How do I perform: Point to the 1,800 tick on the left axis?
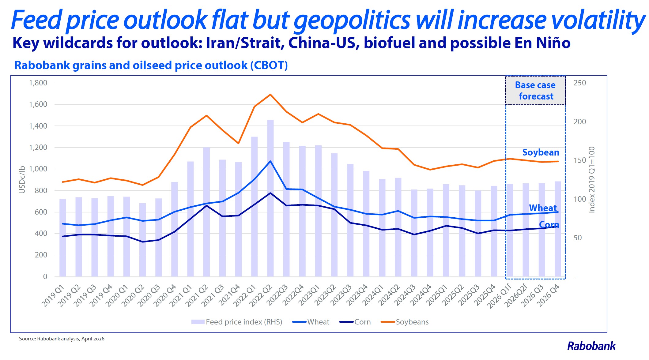coord(38,83)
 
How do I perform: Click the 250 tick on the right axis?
coord(579,83)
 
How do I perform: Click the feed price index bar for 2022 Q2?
coord(270,199)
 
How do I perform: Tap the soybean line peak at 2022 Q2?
coord(270,95)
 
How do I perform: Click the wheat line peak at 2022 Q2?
coord(270,161)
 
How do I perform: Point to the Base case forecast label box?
coord(535,91)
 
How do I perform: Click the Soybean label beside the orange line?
coord(541,152)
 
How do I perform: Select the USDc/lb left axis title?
coord(22,180)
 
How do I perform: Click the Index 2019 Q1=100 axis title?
coord(592,180)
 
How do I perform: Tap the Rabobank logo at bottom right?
coord(591,346)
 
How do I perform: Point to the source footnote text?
coord(62,339)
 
